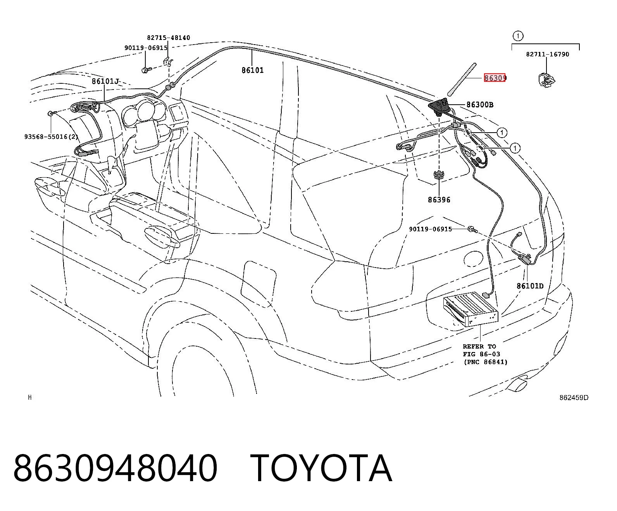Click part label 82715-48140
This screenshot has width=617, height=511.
[x=169, y=38]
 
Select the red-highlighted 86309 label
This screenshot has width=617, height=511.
[x=495, y=78]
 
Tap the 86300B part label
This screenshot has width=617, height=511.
[x=480, y=104]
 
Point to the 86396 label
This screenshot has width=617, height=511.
[x=439, y=200]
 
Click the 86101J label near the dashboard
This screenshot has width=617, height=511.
[x=105, y=81]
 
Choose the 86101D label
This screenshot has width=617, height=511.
[x=530, y=286]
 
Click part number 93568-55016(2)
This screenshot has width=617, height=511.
[x=51, y=136]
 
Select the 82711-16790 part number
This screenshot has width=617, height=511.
[x=548, y=54]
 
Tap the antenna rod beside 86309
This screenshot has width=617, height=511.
[x=462, y=79]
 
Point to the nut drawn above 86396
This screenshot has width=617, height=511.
[x=439, y=175]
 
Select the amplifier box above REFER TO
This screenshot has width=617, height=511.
[x=471, y=309]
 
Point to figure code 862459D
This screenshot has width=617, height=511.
[x=574, y=398]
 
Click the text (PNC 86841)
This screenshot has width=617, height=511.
[x=486, y=362]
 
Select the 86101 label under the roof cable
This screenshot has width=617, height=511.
[x=253, y=70]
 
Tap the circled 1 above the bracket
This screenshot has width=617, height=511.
[x=518, y=36]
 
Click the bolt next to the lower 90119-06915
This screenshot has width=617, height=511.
[x=472, y=229]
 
